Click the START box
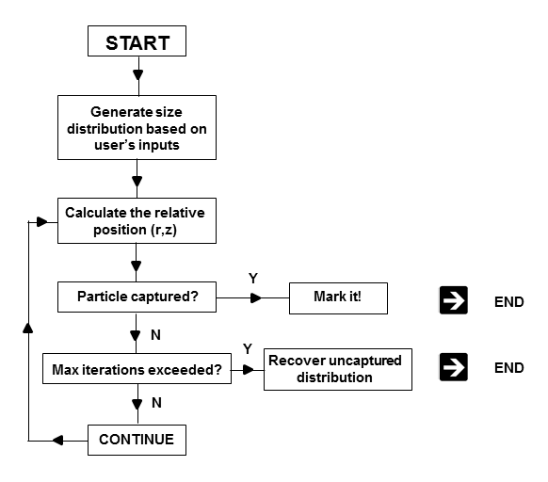(x=137, y=40)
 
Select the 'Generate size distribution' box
(x=137, y=128)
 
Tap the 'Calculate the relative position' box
(x=137, y=220)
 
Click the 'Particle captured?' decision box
(x=137, y=297)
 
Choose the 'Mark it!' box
(x=338, y=298)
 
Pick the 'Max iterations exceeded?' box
(x=137, y=368)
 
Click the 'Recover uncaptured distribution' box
(x=338, y=369)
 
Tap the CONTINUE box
(x=137, y=440)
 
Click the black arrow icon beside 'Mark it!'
(x=453, y=300)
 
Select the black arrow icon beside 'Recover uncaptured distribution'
(x=453, y=366)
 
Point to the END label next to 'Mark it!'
(x=508, y=302)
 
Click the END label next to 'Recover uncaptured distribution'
(x=508, y=368)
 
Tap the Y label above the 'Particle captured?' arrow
(x=253, y=279)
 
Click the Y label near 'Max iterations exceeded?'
(x=248, y=348)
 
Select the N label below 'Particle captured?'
(x=155, y=335)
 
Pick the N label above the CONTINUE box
(x=156, y=403)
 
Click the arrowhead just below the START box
(x=138, y=74)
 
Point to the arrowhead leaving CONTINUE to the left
(x=57, y=440)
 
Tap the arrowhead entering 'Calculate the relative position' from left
(x=42, y=221)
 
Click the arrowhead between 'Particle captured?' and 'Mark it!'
(x=256, y=297)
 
